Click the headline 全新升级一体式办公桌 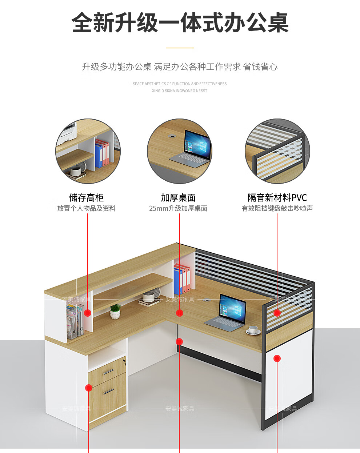(180, 23)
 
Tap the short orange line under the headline (180, 48)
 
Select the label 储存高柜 (87, 197)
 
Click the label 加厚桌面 (178, 197)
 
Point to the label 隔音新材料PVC (277, 197)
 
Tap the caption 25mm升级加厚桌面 (178, 208)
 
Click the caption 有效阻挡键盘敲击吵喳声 (277, 208)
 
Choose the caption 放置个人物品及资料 (87, 208)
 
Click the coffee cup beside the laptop (253, 330)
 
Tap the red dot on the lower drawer (88, 388)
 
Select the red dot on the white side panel (277, 358)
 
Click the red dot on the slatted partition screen (277, 313)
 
